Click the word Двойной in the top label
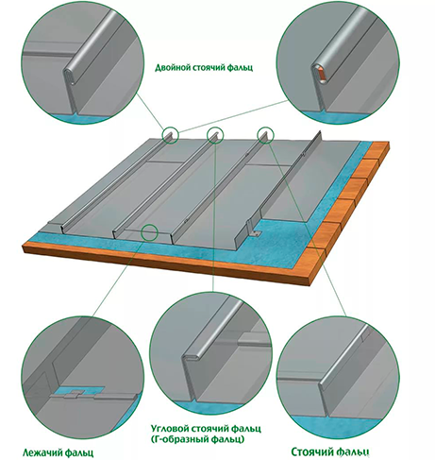click(x=171, y=68)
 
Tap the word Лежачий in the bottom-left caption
click(x=42, y=453)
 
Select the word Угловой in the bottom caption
click(x=170, y=429)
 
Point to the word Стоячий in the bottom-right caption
click(x=311, y=451)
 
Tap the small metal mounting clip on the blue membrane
click(x=256, y=233)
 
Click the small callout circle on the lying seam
click(x=149, y=232)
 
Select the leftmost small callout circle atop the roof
click(x=170, y=135)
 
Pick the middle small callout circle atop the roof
click(x=215, y=135)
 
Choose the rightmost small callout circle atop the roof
click(x=266, y=135)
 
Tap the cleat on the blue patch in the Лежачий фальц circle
click(x=76, y=393)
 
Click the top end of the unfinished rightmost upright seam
click(x=320, y=132)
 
